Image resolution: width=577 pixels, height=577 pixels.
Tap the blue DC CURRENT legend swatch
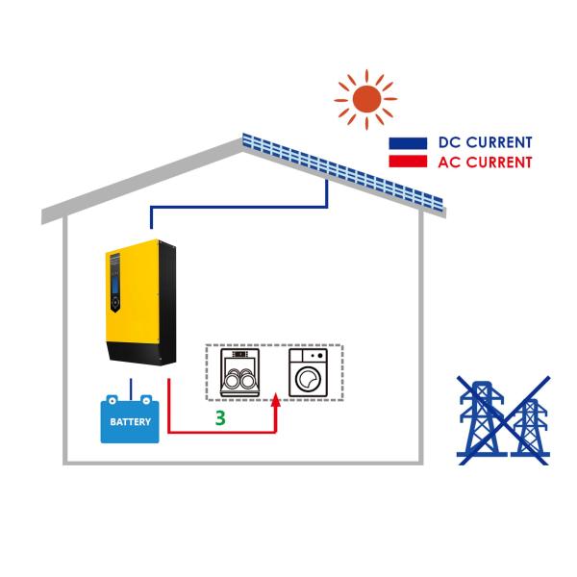pyautogui.click(x=408, y=143)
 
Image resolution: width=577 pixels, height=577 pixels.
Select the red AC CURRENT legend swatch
pyautogui.click(x=408, y=162)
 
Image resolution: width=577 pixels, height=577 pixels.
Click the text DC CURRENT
pyautogui.click(x=485, y=143)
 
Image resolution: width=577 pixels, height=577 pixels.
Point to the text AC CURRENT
pyautogui.click(x=485, y=163)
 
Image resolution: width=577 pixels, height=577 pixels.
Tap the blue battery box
pyautogui.click(x=130, y=420)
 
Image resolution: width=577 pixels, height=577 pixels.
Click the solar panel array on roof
pyautogui.click(x=341, y=169)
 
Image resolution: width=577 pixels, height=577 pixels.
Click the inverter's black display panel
pyautogui.click(x=114, y=285)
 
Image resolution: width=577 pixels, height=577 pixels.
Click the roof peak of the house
pyautogui.click(x=241, y=142)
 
